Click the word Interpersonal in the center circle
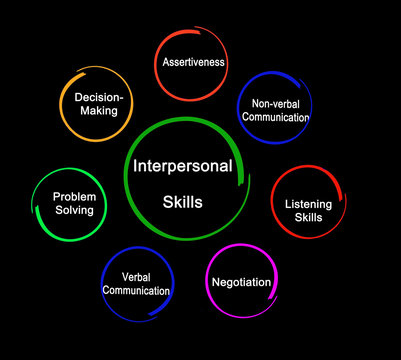(181, 166)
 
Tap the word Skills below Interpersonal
(182, 201)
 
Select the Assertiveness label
(194, 62)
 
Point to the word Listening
(309, 203)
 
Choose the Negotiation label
(241, 282)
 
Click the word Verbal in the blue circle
(136, 277)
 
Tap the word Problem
(73, 197)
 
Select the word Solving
(73, 211)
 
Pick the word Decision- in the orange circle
(96, 97)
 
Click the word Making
(98, 111)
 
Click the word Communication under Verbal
(136, 291)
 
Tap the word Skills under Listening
(309, 217)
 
